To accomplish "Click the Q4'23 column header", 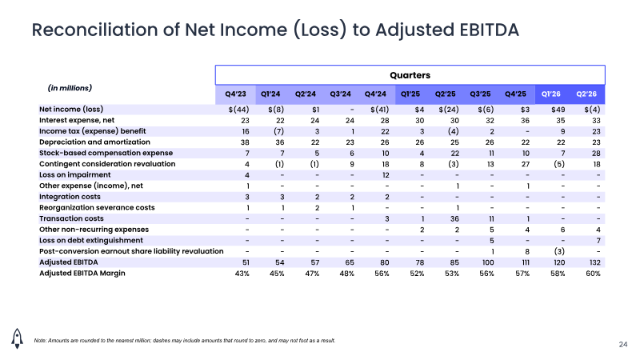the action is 235,94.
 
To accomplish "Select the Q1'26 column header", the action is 550,94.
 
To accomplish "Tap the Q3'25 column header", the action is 480,94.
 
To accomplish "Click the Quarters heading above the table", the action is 410,75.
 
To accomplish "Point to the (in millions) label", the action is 70,88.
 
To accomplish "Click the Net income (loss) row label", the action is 71,109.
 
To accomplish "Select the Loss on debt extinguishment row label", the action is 91,241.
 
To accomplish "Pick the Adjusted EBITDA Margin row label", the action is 82,273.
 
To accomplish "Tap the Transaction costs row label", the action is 71,218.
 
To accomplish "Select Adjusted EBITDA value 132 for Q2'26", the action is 594,262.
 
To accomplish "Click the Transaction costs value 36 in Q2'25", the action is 454,218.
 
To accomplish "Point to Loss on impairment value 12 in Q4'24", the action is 386,175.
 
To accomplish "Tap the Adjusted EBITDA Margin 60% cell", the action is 593,274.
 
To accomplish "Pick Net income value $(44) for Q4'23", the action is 238,110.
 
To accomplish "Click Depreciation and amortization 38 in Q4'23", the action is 245,142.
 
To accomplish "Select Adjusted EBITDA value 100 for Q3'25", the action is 488,262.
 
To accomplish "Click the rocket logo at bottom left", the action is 17,338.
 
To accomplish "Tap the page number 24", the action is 623,345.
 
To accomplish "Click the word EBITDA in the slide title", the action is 489,30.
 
